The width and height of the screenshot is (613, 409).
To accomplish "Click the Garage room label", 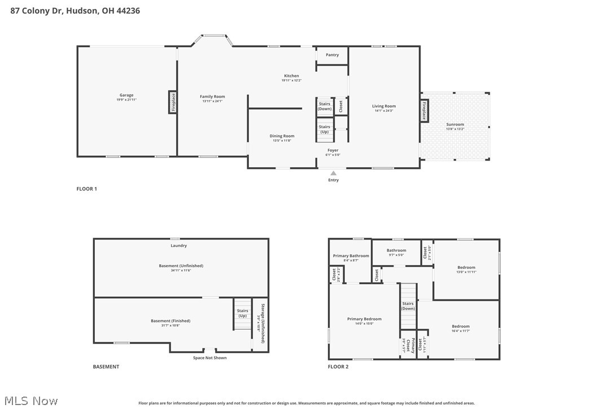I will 126,95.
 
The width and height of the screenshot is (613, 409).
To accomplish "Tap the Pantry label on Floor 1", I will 332,55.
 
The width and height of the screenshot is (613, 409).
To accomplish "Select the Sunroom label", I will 455,124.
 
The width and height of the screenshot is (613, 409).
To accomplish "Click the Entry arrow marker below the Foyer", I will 334,173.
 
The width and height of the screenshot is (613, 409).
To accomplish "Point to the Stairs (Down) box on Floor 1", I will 325,106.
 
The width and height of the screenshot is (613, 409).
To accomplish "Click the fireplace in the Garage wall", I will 173,102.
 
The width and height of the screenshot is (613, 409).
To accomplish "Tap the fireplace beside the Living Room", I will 424,110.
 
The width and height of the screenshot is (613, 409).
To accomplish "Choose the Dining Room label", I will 282,136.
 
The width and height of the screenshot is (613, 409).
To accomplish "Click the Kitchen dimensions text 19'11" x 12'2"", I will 291,81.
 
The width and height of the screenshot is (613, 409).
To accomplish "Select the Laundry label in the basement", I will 179,246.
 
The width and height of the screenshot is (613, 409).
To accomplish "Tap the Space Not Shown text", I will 209,358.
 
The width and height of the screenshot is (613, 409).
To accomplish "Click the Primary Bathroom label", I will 351,256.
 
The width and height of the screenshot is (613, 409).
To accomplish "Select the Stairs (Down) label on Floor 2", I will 408,306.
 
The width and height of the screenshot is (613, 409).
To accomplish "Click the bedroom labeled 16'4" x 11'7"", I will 460,327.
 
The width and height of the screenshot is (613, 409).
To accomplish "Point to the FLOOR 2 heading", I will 338,367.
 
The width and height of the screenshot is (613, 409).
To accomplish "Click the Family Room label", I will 212,97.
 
